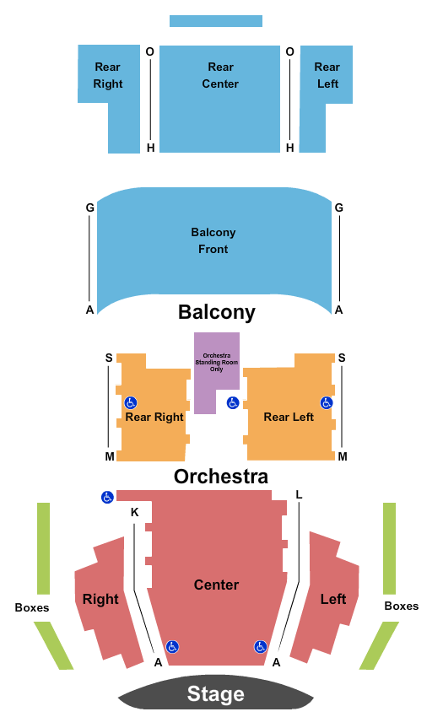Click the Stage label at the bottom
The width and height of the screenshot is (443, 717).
click(x=215, y=693)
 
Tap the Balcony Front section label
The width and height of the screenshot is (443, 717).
click(x=213, y=240)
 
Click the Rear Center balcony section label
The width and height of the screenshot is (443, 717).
click(x=220, y=75)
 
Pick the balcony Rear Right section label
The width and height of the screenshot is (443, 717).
click(x=108, y=75)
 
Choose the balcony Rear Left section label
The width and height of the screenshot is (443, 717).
click(x=327, y=75)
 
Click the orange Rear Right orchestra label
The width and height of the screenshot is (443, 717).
click(x=154, y=417)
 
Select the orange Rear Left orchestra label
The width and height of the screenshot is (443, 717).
click(x=289, y=417)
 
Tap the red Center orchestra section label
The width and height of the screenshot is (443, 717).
click(x=217, y=585)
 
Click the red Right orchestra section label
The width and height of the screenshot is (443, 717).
click(x=100, y=599)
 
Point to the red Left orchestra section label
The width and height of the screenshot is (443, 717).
click(x=333, y=599)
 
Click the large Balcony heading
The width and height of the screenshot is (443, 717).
click(x=217, y=312)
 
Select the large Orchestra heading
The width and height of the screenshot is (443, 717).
click(x=221, y=477)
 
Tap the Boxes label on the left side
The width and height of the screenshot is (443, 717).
click(x=32, y=607)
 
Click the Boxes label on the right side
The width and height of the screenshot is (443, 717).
click(x=402, y=606)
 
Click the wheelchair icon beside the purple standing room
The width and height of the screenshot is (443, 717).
click(x=233, y=403)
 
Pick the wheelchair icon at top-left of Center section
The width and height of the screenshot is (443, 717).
click(x=107, y=497)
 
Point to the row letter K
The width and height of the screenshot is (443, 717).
click(x=134, y=512)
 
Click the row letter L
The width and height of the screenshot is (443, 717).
click(x=299, y=494)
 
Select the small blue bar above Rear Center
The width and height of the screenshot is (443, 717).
click(x=216, y=21)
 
